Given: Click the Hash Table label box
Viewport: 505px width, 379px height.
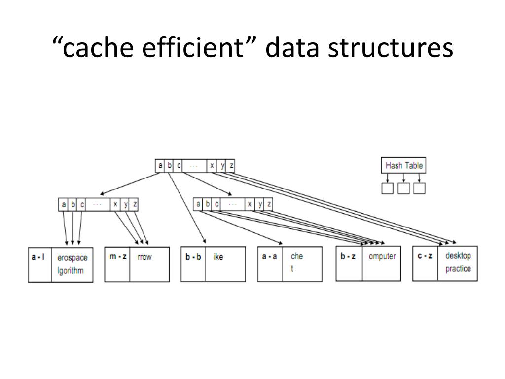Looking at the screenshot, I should coord(404,165).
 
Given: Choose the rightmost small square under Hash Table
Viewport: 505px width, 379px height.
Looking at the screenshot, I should coord(420,188).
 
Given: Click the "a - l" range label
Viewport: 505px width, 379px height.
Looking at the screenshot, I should coord(38,257).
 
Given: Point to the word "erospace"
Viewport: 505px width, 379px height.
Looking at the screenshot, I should coord(72,257).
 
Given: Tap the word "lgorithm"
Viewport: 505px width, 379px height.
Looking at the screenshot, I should coord(71,270).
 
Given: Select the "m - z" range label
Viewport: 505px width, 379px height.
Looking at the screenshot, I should coord(117,257).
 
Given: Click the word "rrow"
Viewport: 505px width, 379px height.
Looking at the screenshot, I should coord(144,257).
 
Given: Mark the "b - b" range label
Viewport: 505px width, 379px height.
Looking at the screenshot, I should coord(193,257).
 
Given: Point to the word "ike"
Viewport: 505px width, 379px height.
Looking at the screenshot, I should coord(218,257).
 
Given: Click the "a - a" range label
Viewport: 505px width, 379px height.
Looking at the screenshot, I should coord(269,257).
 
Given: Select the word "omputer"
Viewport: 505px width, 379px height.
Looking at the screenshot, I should coord(382,256).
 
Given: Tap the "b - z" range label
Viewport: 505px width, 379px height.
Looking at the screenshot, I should coord(348,256).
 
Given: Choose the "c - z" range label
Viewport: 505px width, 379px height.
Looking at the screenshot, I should coord(425,256).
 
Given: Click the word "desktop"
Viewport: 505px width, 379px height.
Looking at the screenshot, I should coord(458,256).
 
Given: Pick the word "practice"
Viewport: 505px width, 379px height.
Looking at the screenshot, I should coord(458,269).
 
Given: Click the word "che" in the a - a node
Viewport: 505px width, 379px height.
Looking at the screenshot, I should coord(297,256).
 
